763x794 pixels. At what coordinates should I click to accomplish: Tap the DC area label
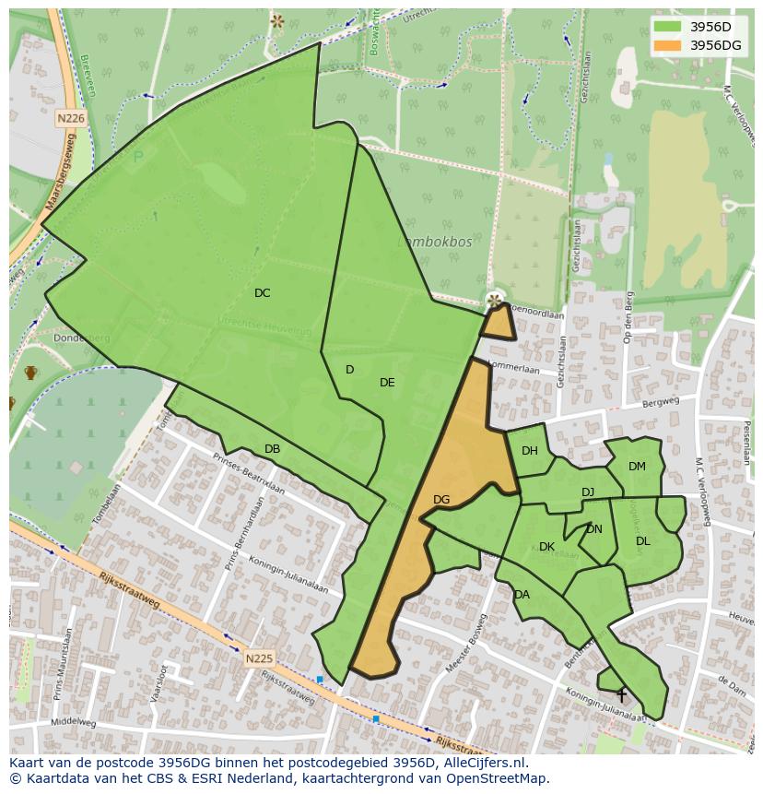[x=263, y=293]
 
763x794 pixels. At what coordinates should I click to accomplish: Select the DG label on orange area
[x=441, y=500]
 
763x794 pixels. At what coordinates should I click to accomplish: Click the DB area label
[x=272, y=449]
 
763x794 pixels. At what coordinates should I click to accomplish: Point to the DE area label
[x=387, y=383]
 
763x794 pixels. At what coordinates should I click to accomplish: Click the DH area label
[x=529, y=451]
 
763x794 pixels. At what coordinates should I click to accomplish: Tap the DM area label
[x=637, y=467]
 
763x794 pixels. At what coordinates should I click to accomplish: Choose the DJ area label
[x=588, y=492]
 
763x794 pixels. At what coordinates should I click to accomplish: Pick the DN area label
[x=593, y=529]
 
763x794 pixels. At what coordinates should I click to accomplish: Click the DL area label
[x=642, y=541]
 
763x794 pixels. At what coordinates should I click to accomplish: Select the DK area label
[x=546, y=547]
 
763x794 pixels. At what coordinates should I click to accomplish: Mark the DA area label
[x=522, y=595]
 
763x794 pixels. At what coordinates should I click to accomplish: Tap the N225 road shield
[x=259, y=658]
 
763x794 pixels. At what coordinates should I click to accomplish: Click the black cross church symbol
[x=621, y=694]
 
